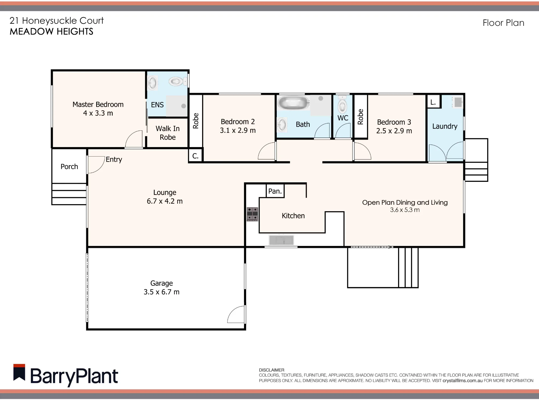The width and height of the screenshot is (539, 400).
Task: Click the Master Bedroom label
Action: pyautogui.click(x=98, y=105)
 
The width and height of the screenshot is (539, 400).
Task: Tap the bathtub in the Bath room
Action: pyautogui.click(x=293, y=103)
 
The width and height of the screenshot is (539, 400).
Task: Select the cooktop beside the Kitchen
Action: pyautogui.click(x=253, y=214)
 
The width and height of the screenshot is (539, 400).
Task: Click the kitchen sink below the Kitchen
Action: pyautogui.click(x=281, y=240)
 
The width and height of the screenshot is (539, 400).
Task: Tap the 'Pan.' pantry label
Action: pyautogui.click(x=275, y=191)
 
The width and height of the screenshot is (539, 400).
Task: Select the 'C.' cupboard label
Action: pyautogui.click(x=195, y=156)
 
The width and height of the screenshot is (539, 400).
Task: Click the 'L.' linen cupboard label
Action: pyautogui.click(x=433, y=102)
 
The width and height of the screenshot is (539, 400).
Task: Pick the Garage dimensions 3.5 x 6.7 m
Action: pyautogui.click(x=161, y=292)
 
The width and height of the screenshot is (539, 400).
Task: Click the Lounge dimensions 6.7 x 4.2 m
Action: pyautogui.click(x=165, y=201)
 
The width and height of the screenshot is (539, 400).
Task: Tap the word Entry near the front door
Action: pyautogui.click(x=114, y=160)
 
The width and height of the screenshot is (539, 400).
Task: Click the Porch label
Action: pyautogui.click(x=69, y=167)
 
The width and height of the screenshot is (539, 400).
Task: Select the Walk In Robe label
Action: pyautogui.click(x=168, y=133)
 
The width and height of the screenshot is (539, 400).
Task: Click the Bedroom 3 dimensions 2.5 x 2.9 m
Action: pyautogui.click(x=394, y=131)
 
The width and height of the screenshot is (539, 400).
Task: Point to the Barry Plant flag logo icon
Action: pyautogui.click(x=19, y=373)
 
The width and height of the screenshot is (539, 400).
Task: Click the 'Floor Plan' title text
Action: pyautogui.click(x=503, y=23)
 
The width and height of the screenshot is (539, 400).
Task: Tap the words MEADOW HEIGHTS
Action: pyautogui.click(x=51, y=32)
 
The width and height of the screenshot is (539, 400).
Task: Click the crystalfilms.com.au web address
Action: pyautogui.click(x=462, y=381)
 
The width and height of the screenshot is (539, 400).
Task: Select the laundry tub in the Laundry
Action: pyautogui.click(x=457, y=102)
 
